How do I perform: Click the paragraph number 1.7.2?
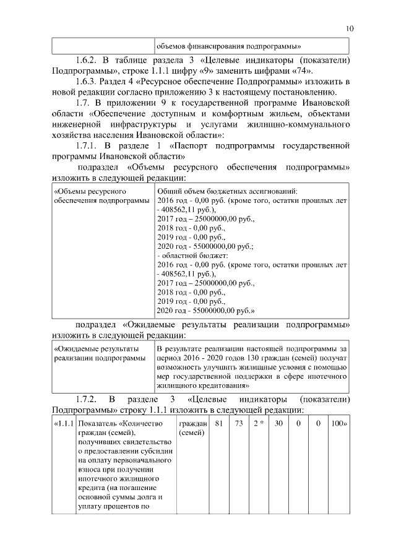click(85, 399)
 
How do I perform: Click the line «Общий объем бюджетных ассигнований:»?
click(228, 191)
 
